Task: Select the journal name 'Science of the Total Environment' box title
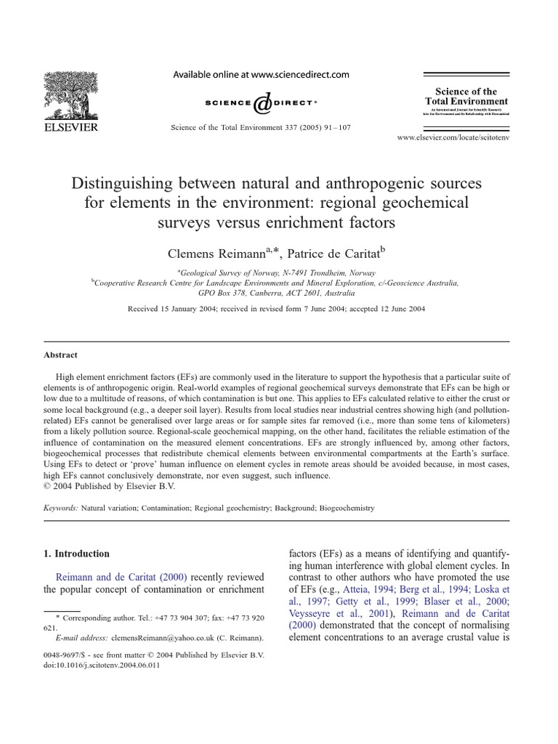pos(466,97)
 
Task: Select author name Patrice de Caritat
pos(334,252)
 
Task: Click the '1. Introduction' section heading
pos(77,554)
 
